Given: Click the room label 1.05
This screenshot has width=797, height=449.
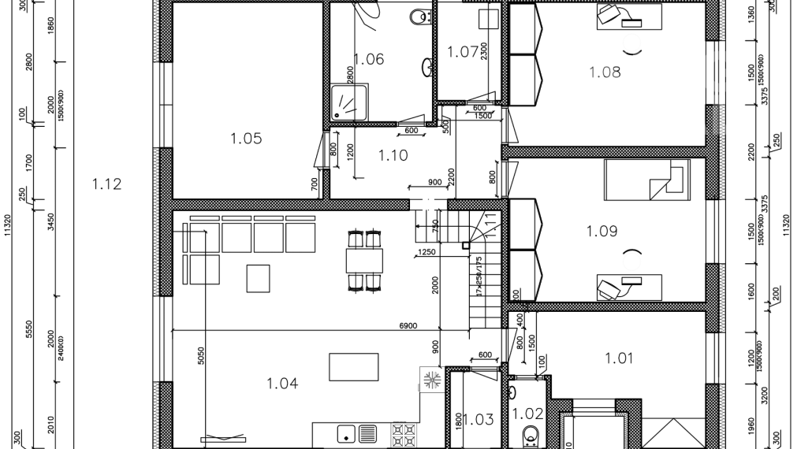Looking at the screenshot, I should tap(245, 139).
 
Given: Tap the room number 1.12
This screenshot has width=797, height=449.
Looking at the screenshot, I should tap(106, 184).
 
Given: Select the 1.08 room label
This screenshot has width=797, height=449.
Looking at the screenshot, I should tap(605, 72).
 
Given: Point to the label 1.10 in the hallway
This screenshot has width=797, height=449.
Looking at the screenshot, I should tap(393, 155).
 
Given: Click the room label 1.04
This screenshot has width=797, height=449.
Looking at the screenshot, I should tap(281, 384).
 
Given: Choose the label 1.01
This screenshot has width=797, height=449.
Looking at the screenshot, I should tap(619, 358).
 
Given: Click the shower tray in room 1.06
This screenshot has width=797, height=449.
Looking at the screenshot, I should tap(344, 102).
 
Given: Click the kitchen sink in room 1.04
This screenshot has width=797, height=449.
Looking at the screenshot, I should tap(345, 434).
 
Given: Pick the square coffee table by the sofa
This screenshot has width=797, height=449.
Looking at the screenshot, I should tap(259, 278).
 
